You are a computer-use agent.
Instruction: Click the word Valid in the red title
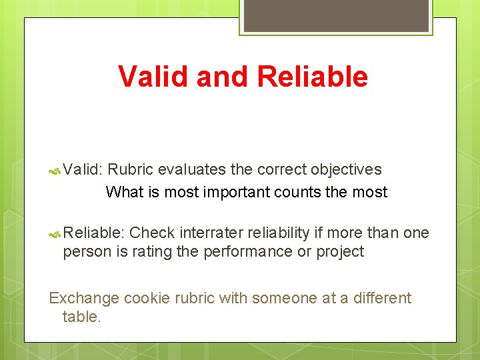[153, 77]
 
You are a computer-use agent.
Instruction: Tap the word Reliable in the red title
[312, 77]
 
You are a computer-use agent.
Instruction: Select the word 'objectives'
[346, 169]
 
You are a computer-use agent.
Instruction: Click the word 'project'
[340, 251]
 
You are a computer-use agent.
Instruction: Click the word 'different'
[381, 298]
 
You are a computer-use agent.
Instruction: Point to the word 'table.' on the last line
[81, 317]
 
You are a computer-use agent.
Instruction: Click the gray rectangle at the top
[336, 15]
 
